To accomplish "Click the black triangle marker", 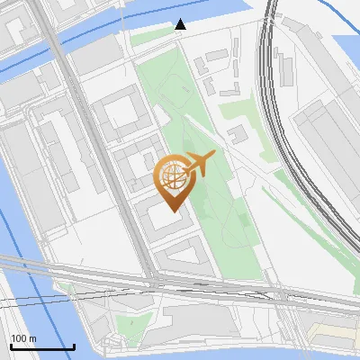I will coord(181,24).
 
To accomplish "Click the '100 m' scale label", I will coord(23,338).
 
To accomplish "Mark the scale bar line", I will coord(42,346).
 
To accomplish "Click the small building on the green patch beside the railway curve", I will coord(238,136).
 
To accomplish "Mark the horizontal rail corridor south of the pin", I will coord(180,282).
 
